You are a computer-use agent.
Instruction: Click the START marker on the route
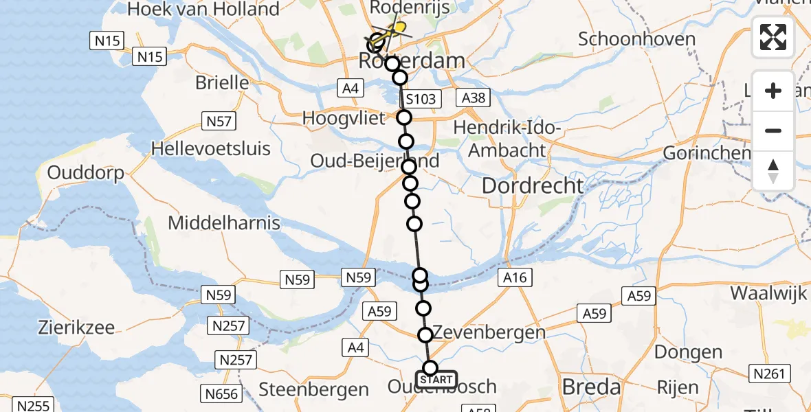436,380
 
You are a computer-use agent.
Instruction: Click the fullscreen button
773,37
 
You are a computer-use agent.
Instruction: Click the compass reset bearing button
773,171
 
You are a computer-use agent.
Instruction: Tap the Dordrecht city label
533,185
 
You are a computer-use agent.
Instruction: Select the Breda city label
591,387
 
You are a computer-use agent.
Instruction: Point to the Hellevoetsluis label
210,148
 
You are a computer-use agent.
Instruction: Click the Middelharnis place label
224,222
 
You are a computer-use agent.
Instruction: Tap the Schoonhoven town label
636,39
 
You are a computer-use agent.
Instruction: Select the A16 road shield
514,277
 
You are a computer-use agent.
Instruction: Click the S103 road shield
420,99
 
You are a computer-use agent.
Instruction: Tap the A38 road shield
474,98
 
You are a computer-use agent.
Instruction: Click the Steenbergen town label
313,390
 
